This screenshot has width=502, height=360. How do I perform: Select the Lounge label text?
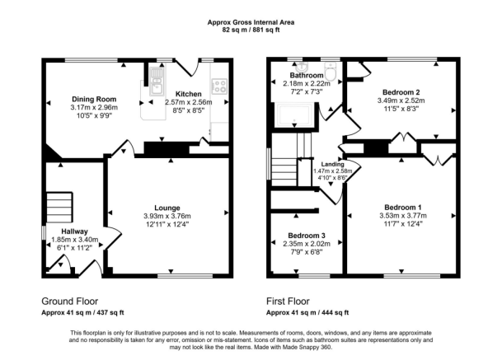coord(167,207)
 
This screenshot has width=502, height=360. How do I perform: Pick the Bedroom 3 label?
coord(301,235)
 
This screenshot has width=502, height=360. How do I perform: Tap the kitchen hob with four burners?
coord(219,84)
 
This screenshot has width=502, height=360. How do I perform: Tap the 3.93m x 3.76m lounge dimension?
coord(167,216)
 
